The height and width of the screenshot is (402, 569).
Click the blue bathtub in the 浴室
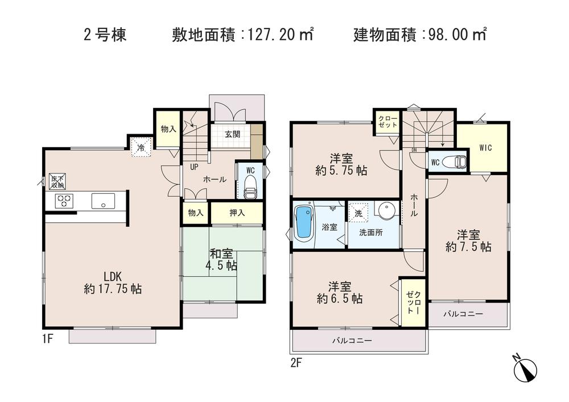pyautogui.click(x=304, y=223)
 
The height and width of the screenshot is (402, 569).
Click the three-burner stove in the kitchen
pyautogui.click(x=63, y=201)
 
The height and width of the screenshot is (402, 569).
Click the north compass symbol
pyautogui.click(x=526, y=370)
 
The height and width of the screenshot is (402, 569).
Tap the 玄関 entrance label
pyautogui.click(x=232, y=135)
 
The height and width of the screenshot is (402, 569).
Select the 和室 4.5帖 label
pyautogui.click(x=222, y=260)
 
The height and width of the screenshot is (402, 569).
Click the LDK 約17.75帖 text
pyautogui.click(x=113, y=283)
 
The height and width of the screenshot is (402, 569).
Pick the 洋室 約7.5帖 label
pyautogui.click(x=468, y=241)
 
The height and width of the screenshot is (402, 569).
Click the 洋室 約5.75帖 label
pyautogui.click(x=342, y=163)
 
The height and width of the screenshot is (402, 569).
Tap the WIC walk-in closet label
pyautogui.click(x=485, y=148)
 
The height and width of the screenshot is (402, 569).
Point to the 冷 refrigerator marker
pyautogui.click(x=140, y=147)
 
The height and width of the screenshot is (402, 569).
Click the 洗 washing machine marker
pyautogui.click(x=358, y=213)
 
